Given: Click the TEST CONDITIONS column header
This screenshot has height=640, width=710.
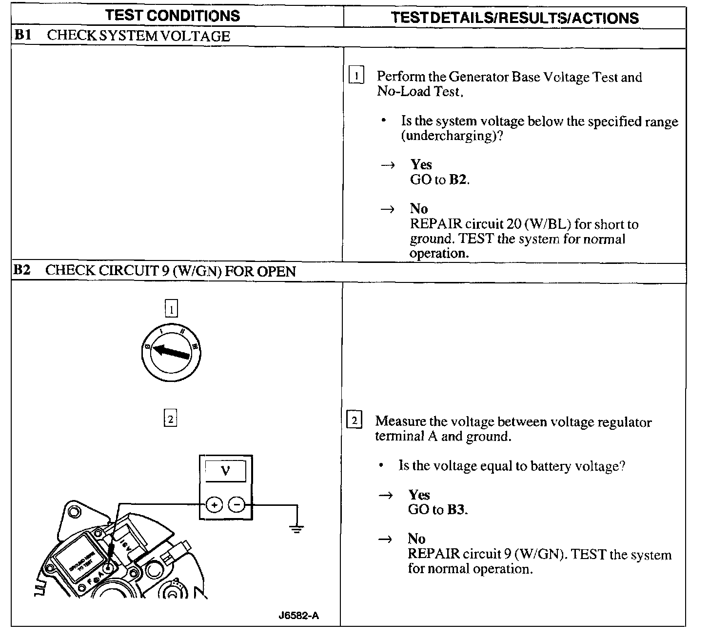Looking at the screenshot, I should pyautogui.click(x=173, y=16).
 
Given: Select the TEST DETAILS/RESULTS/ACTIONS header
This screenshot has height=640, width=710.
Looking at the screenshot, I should pyautogui.click(x=514, y=18).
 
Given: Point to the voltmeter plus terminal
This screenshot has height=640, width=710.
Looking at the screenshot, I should pyautogui.click(x=214, y=505).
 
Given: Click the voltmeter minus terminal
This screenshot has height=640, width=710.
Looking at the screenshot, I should pyautogui.click(x=237, y=505).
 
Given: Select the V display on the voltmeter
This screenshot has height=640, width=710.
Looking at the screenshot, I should pyautogui.click(x=225, y=471).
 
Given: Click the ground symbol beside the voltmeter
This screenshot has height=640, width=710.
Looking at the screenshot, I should pyautogui.click(x=296, y=528).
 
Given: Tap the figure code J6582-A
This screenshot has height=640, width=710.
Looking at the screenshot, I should pyautogui.click(x=299, y=616).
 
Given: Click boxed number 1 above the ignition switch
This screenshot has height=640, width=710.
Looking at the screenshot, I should pyautogui.click(x=171, y=309).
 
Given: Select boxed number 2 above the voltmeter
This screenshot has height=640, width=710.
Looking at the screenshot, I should pyautogui.click(x=170, y=419).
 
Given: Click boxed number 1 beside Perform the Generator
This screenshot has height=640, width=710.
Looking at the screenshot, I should pyautogui.click(x=356, y=76).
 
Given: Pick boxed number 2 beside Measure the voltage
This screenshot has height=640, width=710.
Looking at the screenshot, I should pyautogui.click(x=354, y=420).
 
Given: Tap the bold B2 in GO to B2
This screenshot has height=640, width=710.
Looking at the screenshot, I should pyautogui.click(x=458, y=180).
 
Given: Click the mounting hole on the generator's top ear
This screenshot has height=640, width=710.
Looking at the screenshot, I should pyautogui.click(x=74, y=512).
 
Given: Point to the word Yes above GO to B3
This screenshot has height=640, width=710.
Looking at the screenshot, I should pyautogui.click(x=419, y=495).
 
